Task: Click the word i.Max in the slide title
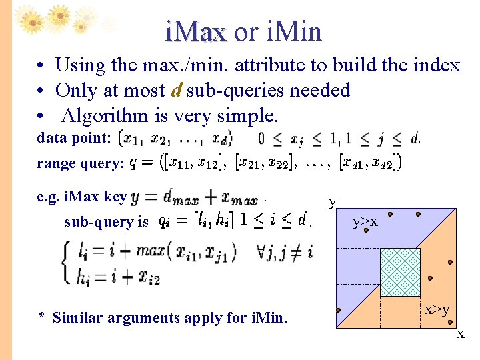197,31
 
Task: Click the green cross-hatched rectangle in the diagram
399,272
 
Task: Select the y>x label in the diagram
365,221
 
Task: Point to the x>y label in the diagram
437,309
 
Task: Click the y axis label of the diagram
333,201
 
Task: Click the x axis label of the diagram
460,334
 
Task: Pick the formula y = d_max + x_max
195,197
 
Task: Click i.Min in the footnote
267,317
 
